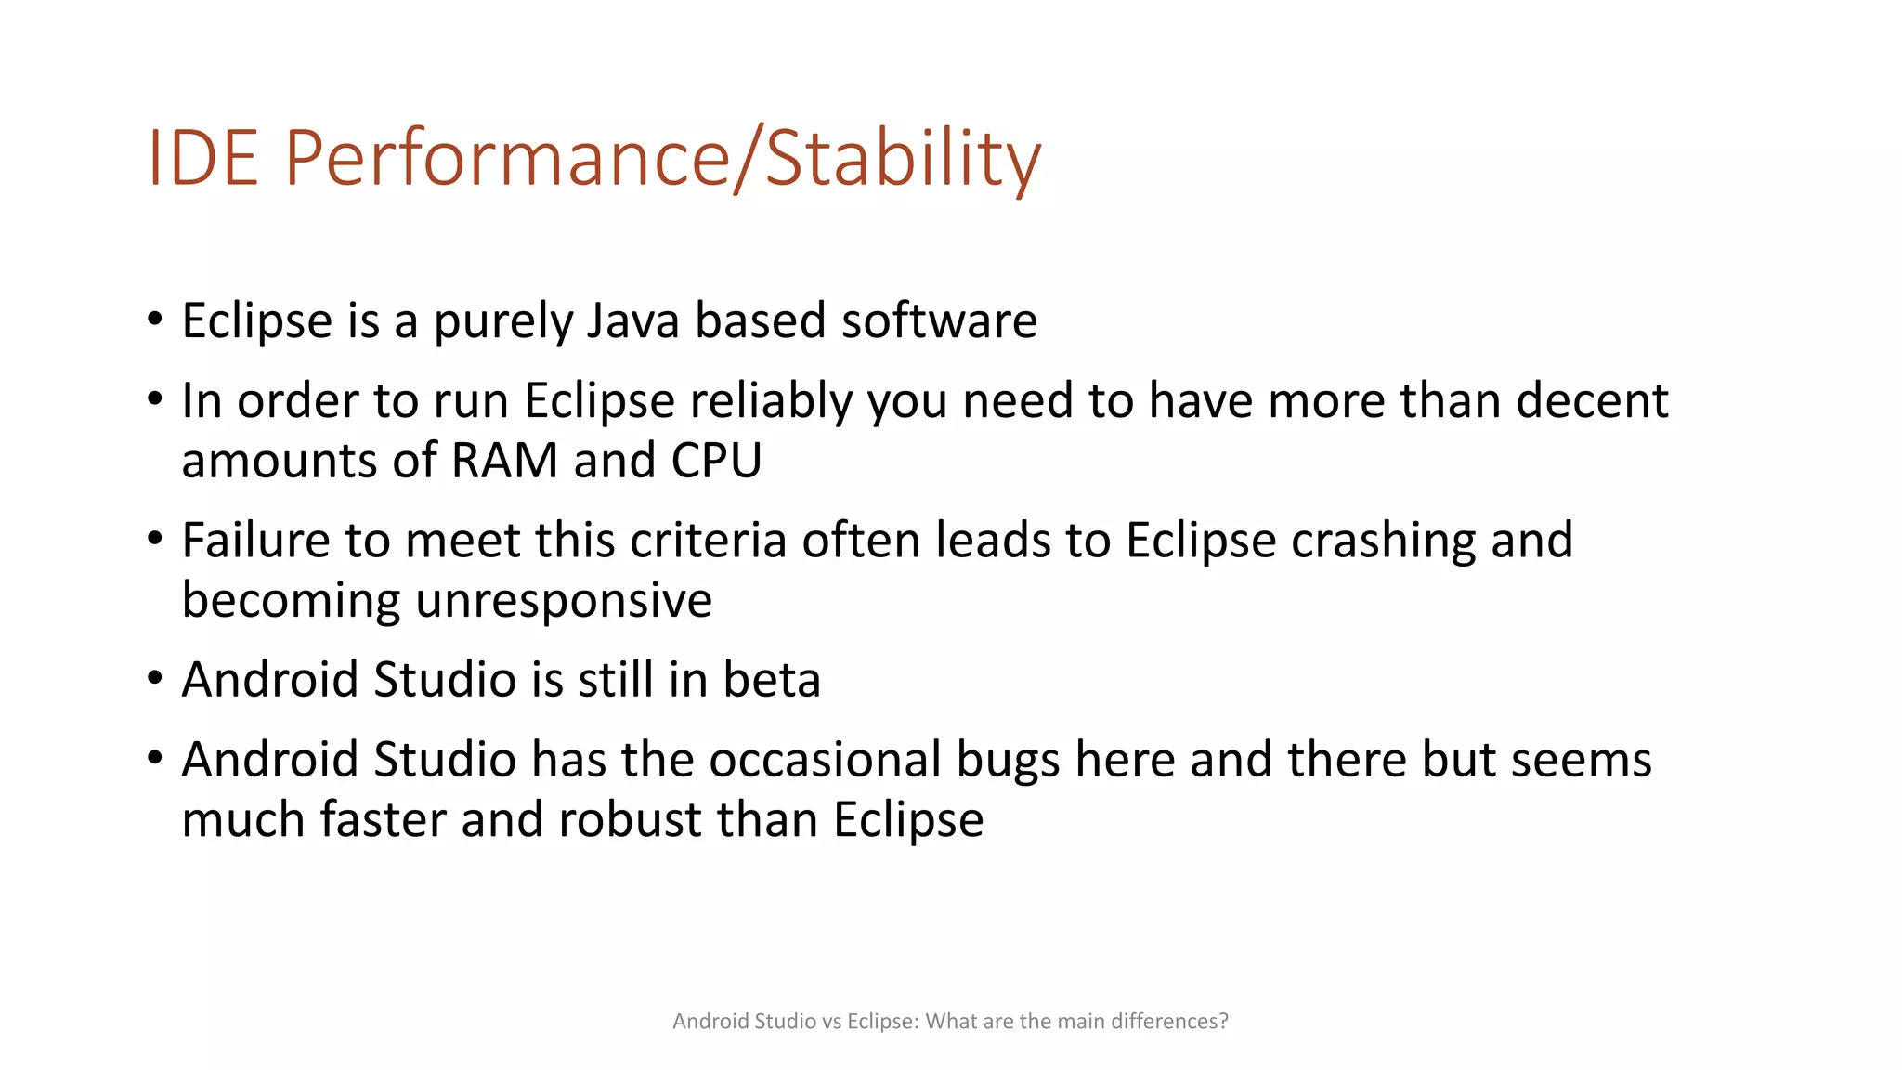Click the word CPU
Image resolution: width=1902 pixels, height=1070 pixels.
click(716, 461)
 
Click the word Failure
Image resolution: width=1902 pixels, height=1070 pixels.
click(255, 541)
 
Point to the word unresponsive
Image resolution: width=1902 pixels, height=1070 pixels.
click(564, 601)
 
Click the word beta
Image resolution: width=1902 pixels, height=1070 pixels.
click(772, 680)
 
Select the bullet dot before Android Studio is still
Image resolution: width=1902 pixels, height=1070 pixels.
click(155, 678)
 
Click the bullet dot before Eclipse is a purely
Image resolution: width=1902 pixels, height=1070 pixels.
click(155, 320)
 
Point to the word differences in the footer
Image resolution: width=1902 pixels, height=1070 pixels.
click(1168, 1022)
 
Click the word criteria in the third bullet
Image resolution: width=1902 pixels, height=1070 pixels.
click(709, 541)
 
